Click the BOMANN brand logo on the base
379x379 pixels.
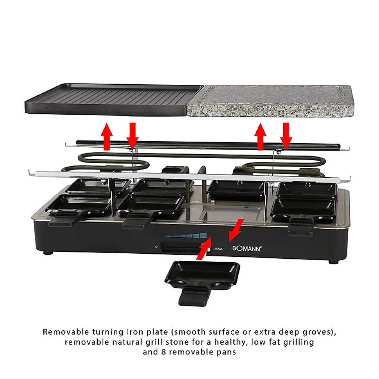(x=247, y=248)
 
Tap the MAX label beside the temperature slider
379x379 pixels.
(x=218, y=249)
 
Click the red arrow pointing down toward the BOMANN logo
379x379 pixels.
(x=236, y=230)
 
